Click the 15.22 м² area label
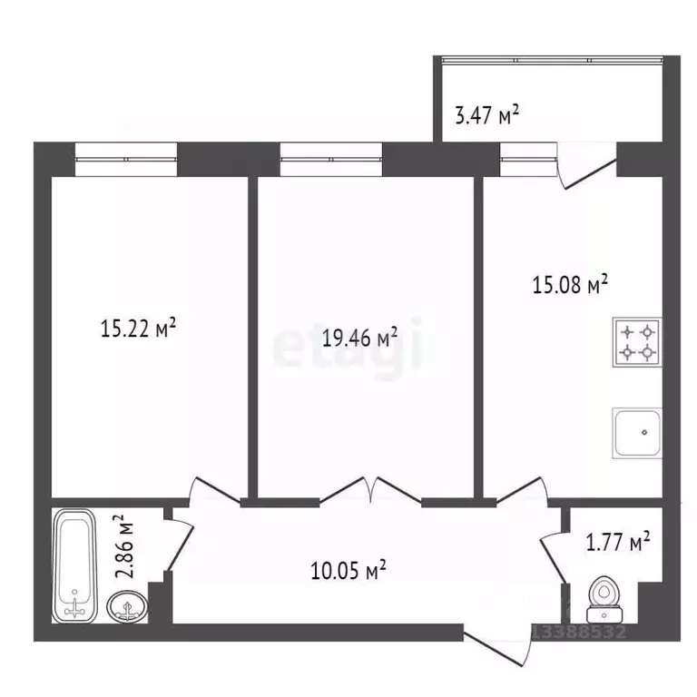(x=137, y=328)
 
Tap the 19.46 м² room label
(x=360, y=339)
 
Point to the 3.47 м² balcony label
(x=486, y=114)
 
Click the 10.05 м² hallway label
(x=349, y=571)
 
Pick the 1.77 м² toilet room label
(x=614, y=543)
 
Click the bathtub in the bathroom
(x=75, y=564)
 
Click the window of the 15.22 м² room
(x=124, y=160)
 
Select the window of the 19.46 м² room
(x=330, y=160)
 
